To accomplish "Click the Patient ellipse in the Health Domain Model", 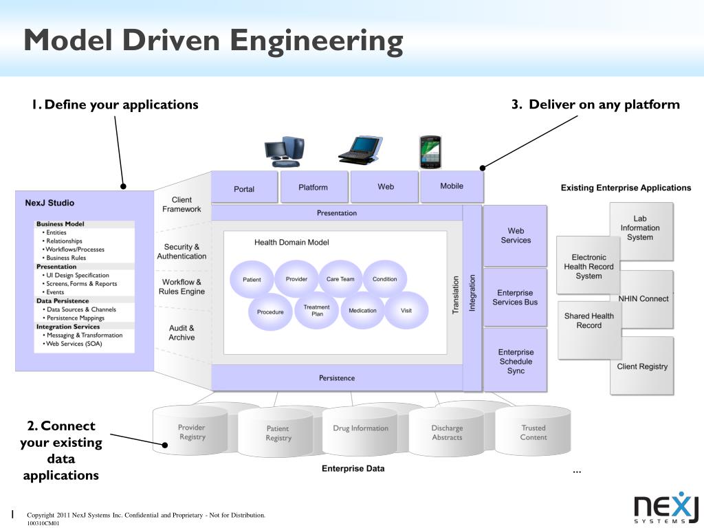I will tap(252, 280).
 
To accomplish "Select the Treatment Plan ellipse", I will tap(317, 311).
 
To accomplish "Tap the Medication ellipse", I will tap(362, 311).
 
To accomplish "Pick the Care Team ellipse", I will tap(340, 279).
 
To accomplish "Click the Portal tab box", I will tap(244, 188).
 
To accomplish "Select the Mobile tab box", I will tap(452, 186).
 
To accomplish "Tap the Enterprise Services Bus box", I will tap(516, 297).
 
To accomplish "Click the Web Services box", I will tap(516, 236).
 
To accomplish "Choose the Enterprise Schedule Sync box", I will tap(516, 361).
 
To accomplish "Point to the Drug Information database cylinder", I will tap(360, 430).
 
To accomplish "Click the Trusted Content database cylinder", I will tap(533, 432).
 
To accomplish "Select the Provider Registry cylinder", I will tap(191, 432).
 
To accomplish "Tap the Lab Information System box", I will tap(641, 230).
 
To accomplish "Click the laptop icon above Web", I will tap(360, 151).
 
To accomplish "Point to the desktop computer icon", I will tap(283, 151).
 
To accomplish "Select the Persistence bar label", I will tap(337, 378).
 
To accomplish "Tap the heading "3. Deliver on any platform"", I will tap(595, 104).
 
